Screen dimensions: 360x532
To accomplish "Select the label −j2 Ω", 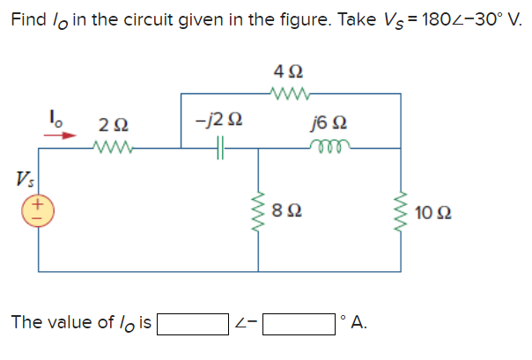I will tap(218, 119).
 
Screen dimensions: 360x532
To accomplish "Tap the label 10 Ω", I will tap(438, 212).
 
